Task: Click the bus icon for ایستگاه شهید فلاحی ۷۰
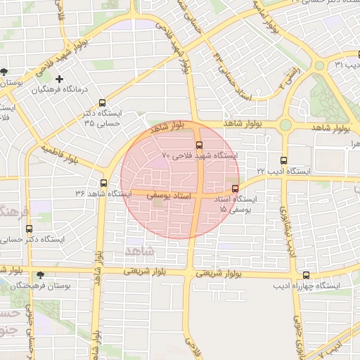[199, 145]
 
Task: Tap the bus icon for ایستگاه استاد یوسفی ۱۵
[235, 188]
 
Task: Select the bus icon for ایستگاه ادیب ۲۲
[284, 160]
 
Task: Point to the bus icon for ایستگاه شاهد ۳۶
[104, 184]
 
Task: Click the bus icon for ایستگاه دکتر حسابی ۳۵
[103, 103]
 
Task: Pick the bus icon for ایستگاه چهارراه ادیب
[306, 276]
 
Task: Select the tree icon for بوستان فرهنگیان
[39, 276]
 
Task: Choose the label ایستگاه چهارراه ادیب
[318, 286]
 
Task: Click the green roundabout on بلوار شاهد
[285, 125]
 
